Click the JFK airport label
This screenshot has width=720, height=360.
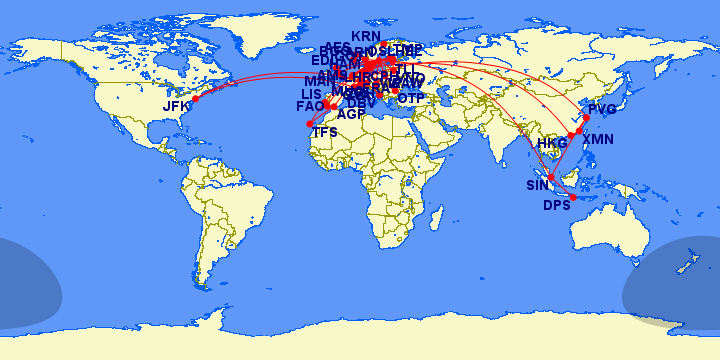(176, 106)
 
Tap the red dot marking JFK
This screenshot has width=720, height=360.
(196, 98)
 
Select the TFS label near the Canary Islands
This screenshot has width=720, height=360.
(325, 131)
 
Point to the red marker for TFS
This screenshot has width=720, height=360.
(310, 124)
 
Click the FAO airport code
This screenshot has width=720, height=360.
(310, 106)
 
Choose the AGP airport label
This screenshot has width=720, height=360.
(351, 114)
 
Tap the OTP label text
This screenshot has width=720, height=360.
(411, 98)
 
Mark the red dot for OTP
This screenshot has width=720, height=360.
(395, 91)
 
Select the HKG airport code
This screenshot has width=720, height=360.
(552, 143)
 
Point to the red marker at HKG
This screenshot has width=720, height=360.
(571, 135)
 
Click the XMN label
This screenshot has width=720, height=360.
(598, 139)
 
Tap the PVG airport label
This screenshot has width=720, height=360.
(603, 108)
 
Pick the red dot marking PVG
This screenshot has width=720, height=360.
(586, 118)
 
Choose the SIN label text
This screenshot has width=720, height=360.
(538, 186)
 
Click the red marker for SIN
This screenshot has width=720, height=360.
(551, 177)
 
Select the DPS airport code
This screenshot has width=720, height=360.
(556, 206)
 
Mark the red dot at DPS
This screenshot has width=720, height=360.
(573, 197)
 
